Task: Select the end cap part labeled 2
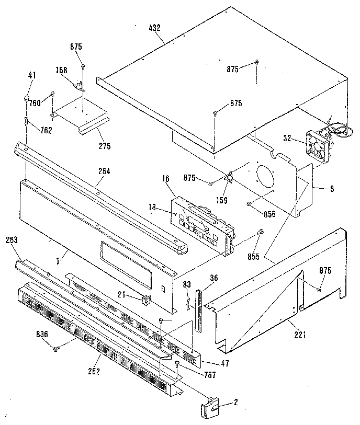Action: coord(209,406)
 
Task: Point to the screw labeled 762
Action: coord(26,121)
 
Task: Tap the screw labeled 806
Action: coord(56,346)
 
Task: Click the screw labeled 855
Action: coord(260,233)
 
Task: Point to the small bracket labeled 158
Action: coord(79,85)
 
